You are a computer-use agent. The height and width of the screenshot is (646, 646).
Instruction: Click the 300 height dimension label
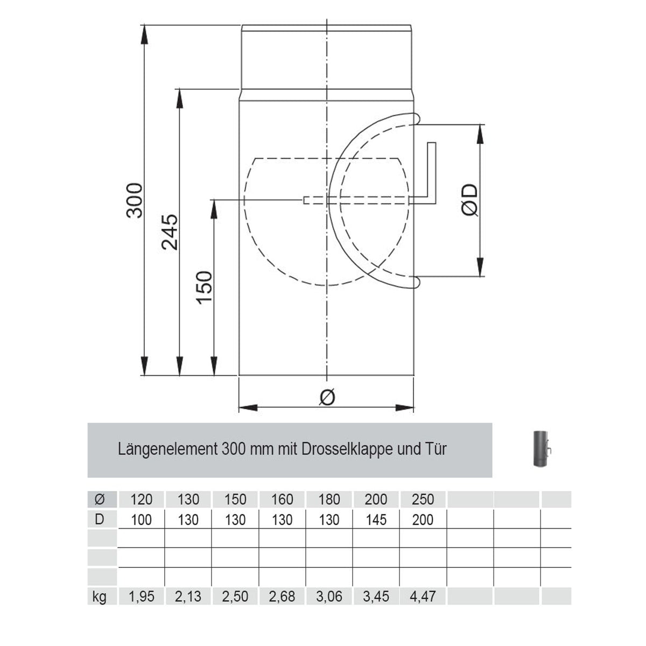pos(135,200)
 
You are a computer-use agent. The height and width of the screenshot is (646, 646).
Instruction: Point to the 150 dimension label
pos(205,287)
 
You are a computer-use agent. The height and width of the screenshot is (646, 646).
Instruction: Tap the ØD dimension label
pos(470,200)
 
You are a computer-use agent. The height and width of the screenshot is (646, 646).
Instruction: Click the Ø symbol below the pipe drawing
pos(327,397)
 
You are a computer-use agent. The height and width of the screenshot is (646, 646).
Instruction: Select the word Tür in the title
pos(436,449)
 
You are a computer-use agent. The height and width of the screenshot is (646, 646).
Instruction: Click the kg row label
pos(99,596)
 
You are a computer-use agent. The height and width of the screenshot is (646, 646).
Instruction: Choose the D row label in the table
pos(99,520)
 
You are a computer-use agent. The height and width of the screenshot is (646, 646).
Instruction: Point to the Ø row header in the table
pos(99,500)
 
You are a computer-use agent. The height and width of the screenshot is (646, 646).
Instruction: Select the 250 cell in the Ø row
pos(423,500)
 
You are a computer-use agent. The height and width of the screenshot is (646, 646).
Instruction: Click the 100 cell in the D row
pos(141,520)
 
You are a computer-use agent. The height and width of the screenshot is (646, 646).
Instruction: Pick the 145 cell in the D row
pos(376,520)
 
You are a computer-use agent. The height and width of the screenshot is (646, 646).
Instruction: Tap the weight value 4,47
pos(423,596)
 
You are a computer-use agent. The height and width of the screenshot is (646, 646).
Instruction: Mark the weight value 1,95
pos(141,596)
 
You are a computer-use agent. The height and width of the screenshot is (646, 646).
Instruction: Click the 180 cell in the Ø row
pos(329,500)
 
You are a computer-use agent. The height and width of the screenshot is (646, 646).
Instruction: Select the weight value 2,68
pos(282,596)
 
